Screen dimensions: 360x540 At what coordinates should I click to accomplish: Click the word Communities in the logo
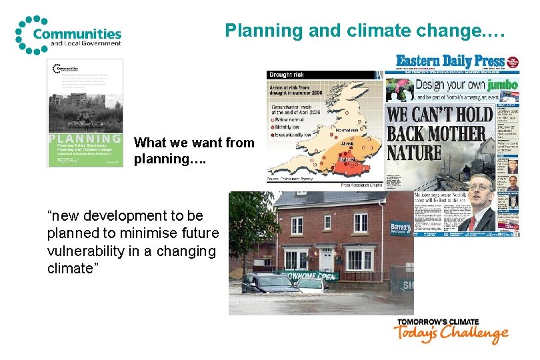click(77, 33)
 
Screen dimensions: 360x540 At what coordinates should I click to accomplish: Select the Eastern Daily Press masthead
click(450, 61)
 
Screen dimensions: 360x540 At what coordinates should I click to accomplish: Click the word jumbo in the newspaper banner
click(502, 85)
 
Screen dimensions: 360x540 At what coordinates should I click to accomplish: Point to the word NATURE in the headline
click(415, 153)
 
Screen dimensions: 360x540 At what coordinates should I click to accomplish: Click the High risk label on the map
click(347, 160)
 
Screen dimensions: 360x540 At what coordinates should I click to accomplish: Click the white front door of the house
click(326, 258)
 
